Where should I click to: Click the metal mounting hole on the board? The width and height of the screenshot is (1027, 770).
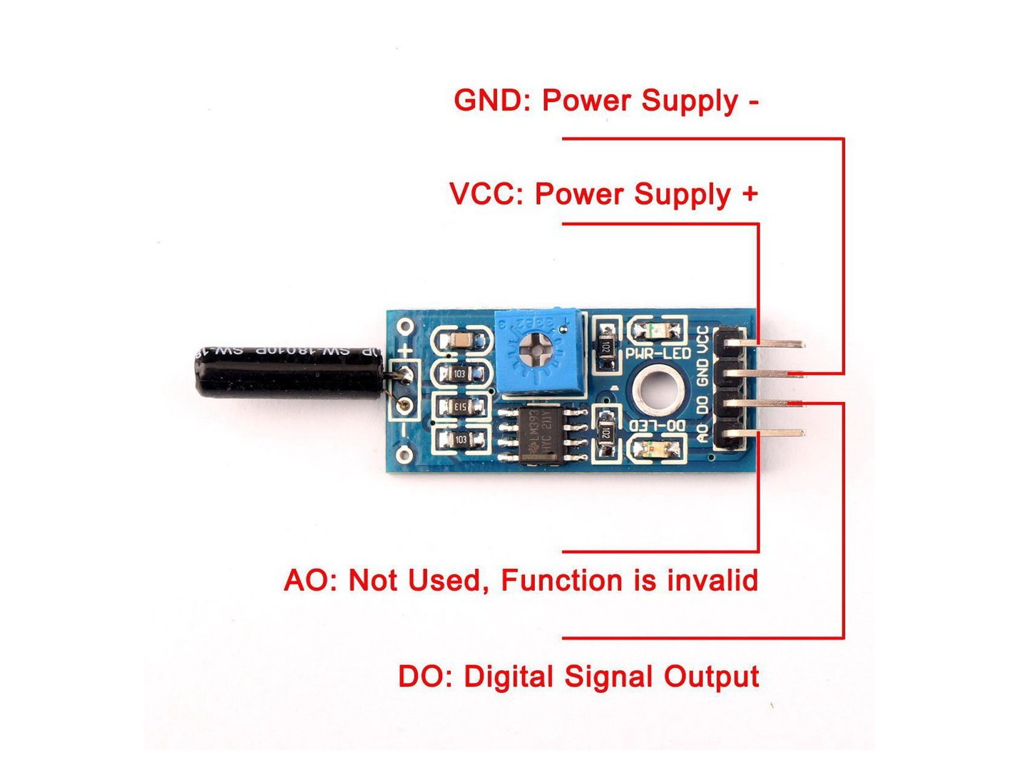pos(657,390)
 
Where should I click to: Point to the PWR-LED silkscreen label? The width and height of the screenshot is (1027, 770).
pos(658,354)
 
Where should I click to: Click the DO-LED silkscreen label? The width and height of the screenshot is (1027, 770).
pos(658,426)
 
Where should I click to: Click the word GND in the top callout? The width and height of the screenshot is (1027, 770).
pos(488,101)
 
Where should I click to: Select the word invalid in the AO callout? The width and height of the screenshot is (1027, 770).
pos(712,580)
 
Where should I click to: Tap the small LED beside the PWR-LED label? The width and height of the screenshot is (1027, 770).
pos(655,330)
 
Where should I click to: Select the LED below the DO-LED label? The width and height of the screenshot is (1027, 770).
pos(654,450)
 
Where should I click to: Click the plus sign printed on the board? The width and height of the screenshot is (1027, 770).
pos(405,350)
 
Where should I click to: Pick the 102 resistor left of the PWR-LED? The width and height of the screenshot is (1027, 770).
pos(606,346)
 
